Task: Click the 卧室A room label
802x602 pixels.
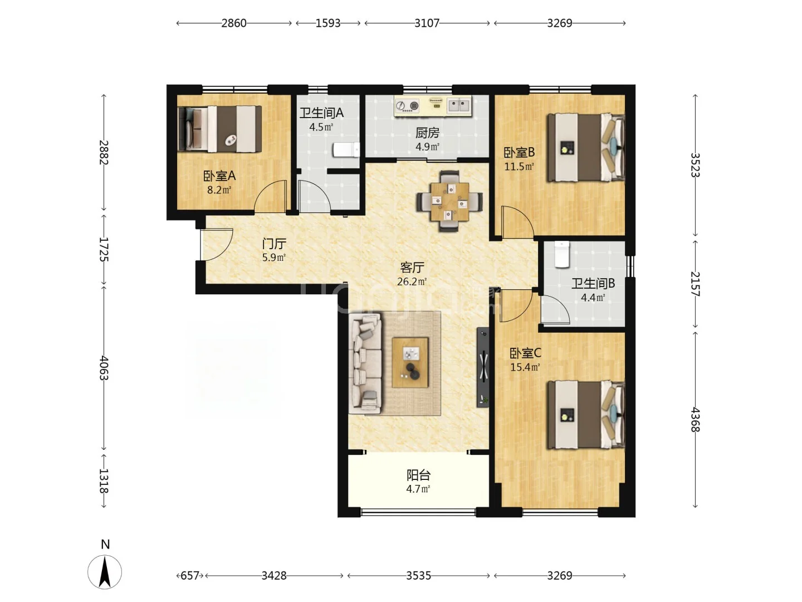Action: (x=219, y=176)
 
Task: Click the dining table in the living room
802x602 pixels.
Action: (x=449, y=201)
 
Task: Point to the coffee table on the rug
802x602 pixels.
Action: (x=410, y=362)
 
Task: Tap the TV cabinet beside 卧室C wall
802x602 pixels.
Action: (x=483, y=367)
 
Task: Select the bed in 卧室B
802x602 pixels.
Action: (x=585, y=148)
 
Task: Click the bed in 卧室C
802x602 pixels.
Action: (x=585, y=415)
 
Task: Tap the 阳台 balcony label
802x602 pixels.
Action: (x=418, y=475)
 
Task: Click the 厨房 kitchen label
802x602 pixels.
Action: (x=427, y=133)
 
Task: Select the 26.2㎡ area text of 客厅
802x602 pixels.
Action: (x=412, y=282)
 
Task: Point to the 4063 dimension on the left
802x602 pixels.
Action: (x=104, y=368)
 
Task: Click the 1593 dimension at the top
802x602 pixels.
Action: (x=328, y=23)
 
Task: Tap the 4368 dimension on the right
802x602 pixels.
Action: (x=695, y=420)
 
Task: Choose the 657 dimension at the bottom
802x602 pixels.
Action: (x=190, y=576)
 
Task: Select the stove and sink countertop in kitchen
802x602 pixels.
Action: (x=433, y=106)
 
